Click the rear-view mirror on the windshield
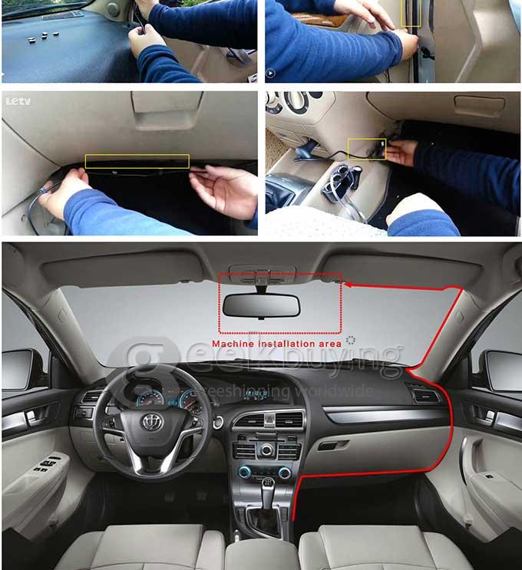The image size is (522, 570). (261, 305)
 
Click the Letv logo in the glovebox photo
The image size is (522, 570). (18, 101)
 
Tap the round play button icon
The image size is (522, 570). (270, 73)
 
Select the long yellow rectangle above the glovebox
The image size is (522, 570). (137, 161)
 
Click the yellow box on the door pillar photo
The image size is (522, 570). (411, 13)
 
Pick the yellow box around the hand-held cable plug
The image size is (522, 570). (367, 149)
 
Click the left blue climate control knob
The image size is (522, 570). (244, 472)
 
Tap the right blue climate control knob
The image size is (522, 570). (285, 473)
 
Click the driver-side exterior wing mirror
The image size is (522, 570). (18, 369)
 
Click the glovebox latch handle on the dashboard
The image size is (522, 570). (333, 445)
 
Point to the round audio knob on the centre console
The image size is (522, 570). (266, 450)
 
